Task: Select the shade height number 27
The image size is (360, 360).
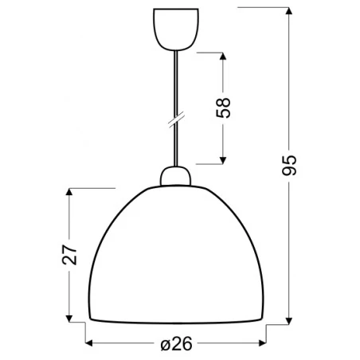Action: coord(70,253)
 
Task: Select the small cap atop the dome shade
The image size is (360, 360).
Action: coord(176,176)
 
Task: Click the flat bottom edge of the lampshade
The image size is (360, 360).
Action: coord(176,320)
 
